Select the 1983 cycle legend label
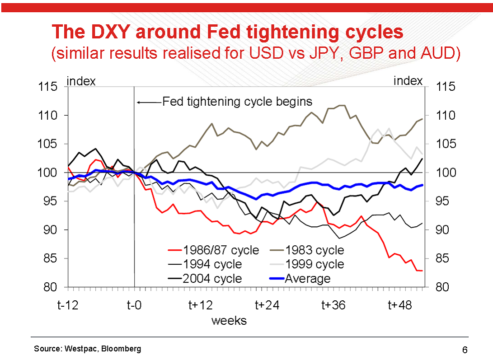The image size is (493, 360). coord(315,250)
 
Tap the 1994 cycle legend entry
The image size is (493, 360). coord(212,264)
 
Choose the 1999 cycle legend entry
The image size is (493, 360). coord(315,264)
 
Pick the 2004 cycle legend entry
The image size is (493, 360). coord(212,278)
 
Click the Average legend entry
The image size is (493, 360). coord(307,278)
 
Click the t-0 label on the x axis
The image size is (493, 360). coord(134,305)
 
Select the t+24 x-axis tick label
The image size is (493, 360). coord(267,305)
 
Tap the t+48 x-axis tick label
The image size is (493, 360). coord(400,305)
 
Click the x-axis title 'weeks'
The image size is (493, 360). coord(229,321)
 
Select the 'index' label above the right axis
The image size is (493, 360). coord(408,81)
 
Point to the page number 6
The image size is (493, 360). coord(465,350)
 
